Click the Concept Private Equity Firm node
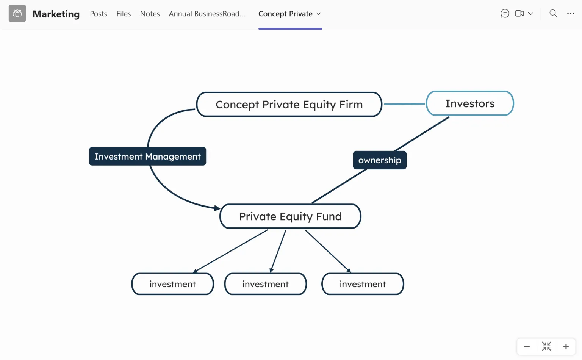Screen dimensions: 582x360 pos(289,104)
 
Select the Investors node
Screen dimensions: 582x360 pos(470,103)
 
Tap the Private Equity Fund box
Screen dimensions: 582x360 pos(290,216)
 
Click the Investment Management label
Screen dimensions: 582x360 pos(147,156)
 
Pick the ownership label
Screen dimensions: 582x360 pos(380,160)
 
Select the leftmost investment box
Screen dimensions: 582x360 pos(172,284)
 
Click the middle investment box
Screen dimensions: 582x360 pos(266,284)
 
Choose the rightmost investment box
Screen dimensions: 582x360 pos(363,284)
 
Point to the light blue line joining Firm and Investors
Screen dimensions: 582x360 pos(404,104)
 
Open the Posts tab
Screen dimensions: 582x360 pos(99,14)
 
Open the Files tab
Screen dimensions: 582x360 pos(124,14)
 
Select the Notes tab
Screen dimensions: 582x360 pos(150,14)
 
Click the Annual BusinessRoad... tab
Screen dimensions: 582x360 pos(207,14)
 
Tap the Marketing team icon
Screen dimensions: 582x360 pos(17,13)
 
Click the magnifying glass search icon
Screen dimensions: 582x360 pos(553,13)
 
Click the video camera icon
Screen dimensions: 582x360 pos(519,13)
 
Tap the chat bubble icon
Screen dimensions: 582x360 pos(505,13)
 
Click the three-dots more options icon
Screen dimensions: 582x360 pos(571,13)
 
